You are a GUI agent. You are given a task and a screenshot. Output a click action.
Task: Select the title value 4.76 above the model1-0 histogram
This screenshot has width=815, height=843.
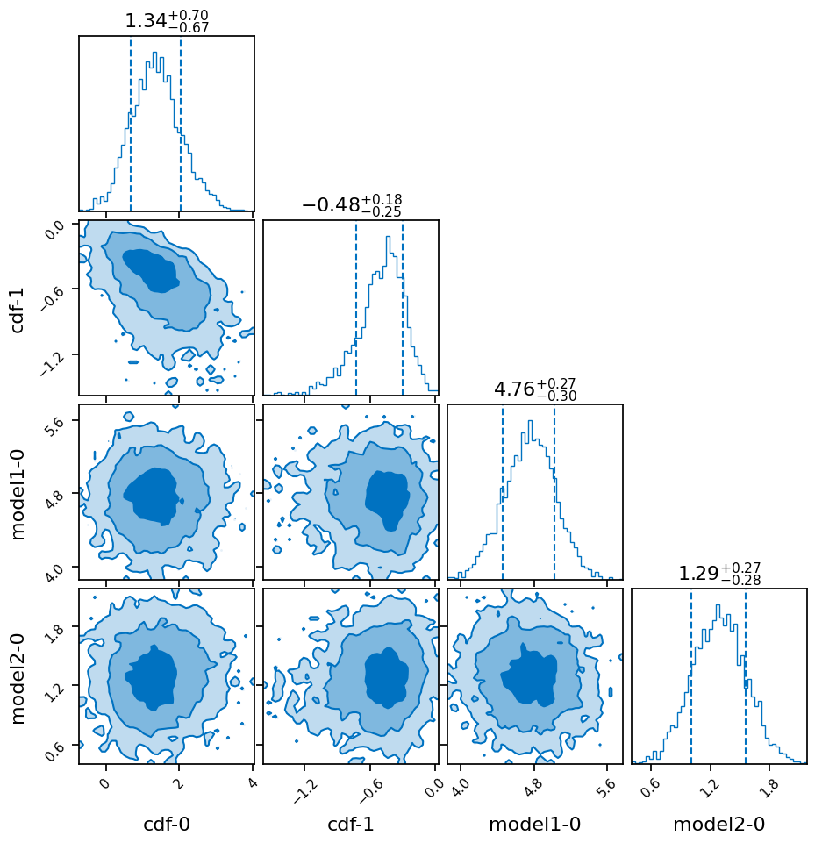pos(513,389)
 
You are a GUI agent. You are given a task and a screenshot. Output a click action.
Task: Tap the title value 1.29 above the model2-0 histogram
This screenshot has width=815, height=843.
pos(697,574)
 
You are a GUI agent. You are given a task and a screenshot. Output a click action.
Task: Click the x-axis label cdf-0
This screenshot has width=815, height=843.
pos(166,825)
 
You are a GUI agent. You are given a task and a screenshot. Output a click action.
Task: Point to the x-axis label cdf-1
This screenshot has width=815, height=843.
pos(350,825)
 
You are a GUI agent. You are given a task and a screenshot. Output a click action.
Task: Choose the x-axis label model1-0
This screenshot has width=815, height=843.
pos(534,825)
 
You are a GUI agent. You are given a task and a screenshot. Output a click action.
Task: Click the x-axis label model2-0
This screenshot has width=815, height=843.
pos(718,825)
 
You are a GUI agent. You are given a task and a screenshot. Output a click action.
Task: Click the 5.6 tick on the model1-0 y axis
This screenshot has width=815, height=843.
pos(55,421)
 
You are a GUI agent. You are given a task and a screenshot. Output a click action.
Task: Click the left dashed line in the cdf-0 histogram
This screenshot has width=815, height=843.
pos(131,123)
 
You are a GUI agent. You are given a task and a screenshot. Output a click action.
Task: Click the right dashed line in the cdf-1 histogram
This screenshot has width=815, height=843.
pos(403,307)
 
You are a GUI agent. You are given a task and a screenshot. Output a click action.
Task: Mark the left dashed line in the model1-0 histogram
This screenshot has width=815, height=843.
pos(503,491)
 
